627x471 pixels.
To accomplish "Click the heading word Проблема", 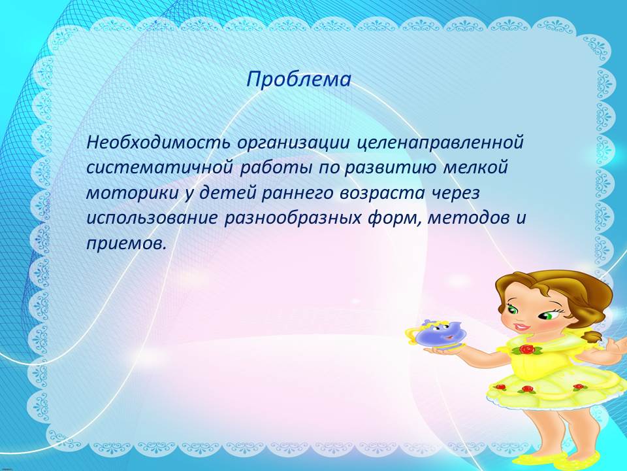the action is tap(298, 80).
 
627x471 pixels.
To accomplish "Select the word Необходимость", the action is tap(158, 143).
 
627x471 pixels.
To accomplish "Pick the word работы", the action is tap(276, 168).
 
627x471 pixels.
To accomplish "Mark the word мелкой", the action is tap(475, 167).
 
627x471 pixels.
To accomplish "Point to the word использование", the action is tap(152, 218).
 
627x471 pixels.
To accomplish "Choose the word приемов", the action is tap(125, 244).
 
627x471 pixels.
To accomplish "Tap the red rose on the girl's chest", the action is tap(528, 349).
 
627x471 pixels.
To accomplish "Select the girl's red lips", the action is tap(521, 326).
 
